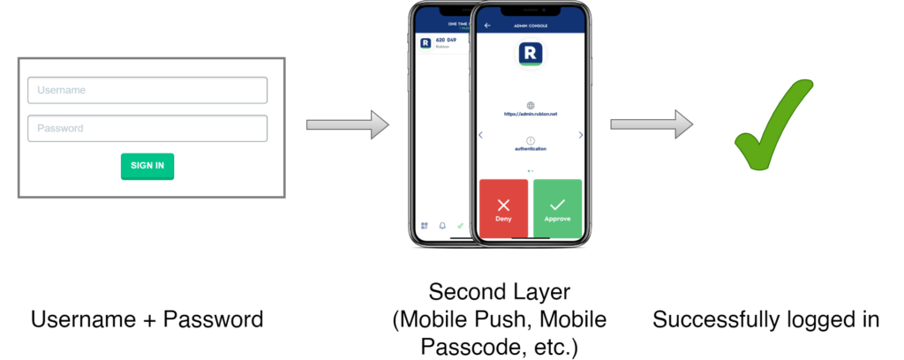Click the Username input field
tap(147, 90)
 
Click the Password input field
tap(147, 128)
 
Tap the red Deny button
tap(503, 210)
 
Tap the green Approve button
tap(557, 210)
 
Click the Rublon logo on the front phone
tap(530, 54)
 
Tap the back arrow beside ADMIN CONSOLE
tap(487, 26)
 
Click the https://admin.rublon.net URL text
tap(530, 114)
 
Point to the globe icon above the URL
tap(530, 104)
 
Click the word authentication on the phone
tap(530, 149)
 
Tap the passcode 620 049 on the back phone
tap(446, 40)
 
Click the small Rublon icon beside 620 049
tap(426, 42)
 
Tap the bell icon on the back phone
tap(442, 225)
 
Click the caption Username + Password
tap(147, 319)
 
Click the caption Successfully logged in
tap(765, 319)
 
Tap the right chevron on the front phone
tap(580, 135)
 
